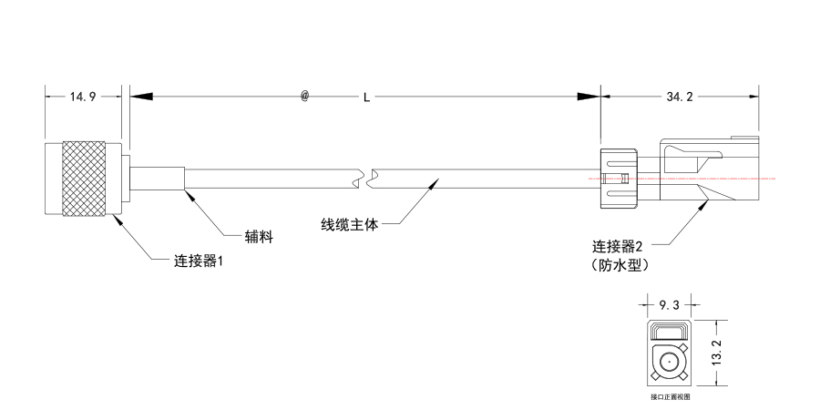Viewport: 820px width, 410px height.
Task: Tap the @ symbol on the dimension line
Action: coord(304,96)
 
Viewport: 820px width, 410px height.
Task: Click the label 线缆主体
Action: coord(349,225)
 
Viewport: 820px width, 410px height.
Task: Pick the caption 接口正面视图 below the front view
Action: coord(670,396)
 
